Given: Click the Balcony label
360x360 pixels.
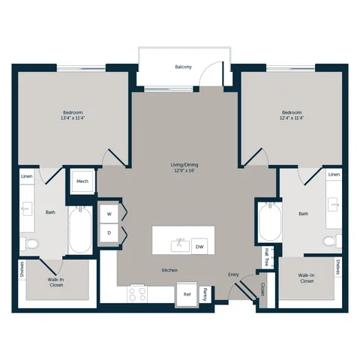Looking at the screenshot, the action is pos(183,67).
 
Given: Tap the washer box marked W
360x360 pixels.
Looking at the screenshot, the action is pos(109,214).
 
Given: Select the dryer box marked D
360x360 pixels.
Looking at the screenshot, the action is pos(109,232).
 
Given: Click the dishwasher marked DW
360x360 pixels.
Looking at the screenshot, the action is pos(199,247).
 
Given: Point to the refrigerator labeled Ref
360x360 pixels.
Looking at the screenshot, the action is pos(187,294).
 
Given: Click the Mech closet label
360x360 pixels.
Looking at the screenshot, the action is pos(82,181).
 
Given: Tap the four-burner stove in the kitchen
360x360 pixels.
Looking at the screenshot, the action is pos(137,294).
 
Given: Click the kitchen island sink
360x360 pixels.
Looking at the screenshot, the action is pos(180,245).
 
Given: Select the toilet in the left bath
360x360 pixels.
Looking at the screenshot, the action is pos(29,244).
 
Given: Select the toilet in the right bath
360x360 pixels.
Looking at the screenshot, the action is pos(332,241).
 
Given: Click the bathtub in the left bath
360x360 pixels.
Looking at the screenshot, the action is pos(80,229).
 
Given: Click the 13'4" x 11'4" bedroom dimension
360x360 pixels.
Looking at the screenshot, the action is pos(73,118).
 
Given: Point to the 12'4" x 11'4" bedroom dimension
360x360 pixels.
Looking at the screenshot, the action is pos(292,118).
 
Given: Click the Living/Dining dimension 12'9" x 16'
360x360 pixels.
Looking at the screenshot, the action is pos(184,170).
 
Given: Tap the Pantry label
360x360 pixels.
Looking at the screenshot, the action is pos(205,294).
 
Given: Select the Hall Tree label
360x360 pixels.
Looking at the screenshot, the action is pos(267,256).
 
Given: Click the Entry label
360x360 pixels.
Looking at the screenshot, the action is pos(233,274).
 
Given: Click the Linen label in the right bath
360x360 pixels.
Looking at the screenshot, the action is pos(334,175).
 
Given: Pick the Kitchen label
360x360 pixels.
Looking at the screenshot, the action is pos(169,270).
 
